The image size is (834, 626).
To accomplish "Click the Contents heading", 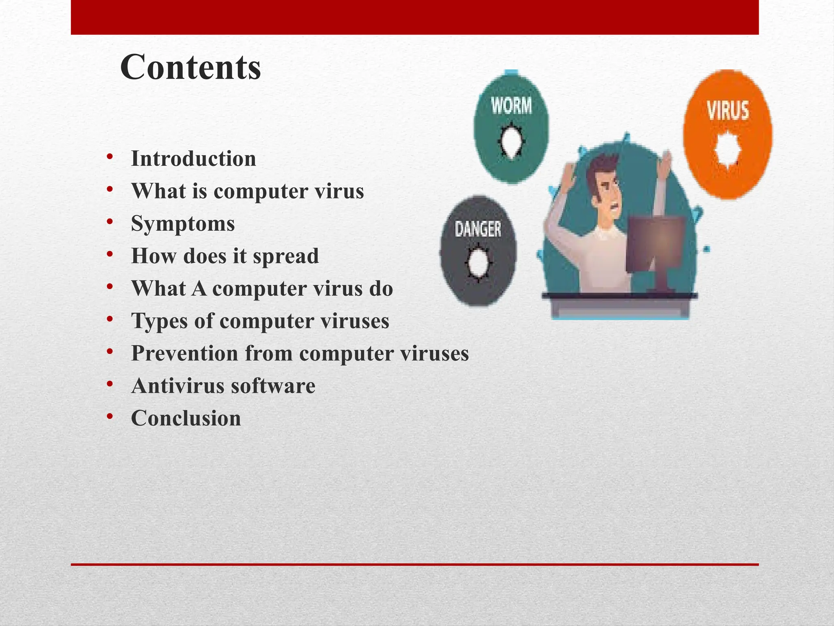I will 190,67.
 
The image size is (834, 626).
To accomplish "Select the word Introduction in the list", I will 193,159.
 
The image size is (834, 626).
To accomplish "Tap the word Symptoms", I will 183,223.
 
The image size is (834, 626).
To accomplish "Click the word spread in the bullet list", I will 285,256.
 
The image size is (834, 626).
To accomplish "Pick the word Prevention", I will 184,353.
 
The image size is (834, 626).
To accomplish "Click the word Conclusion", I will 186,418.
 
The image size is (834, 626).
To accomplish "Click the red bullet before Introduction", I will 110,157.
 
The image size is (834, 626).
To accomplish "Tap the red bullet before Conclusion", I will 110,417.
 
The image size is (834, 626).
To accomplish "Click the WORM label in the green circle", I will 511,106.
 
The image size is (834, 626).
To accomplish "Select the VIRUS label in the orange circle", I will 728,111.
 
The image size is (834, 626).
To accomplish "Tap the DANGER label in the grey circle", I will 478,229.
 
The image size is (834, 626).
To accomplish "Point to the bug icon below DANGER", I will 478,263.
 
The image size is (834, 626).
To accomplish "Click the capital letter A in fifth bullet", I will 199,289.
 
